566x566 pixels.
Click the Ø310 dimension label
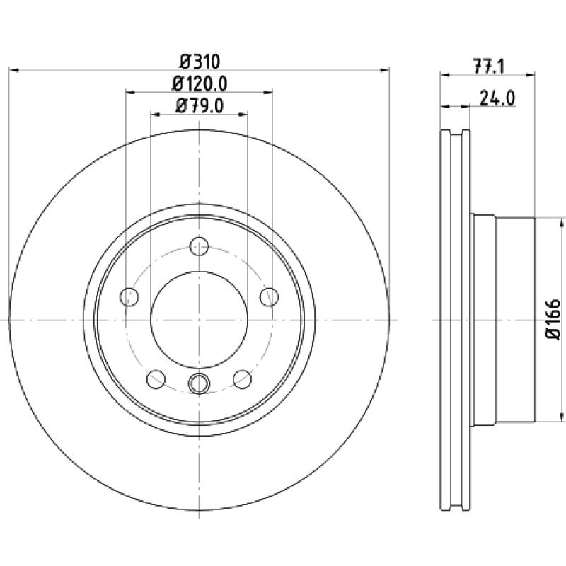pyautogui.click(x=200, y=62)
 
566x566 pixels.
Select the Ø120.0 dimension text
pyautogui.click(x=200, y=84)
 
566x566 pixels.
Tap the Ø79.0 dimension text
pyautogui.click(x=200, y=105)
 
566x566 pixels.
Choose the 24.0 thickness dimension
pyautogui.click(x=497, y=98)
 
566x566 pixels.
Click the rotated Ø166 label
pyautogui.click(x=553, y=319)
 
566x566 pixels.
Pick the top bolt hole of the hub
pyautogui.click(x=200, y=246)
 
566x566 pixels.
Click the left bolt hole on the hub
pyautogui.click(x=129, y=296)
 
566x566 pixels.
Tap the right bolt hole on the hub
pyautogui.click(x=270, y=296)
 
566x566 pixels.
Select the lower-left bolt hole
pyautogui.click(x=156, y=379)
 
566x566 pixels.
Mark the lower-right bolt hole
pyautogui.click(x=242, y=379)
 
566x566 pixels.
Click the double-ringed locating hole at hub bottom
pyautogui.click(x=199, y=383)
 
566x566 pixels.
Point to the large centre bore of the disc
pyautogui.click(x=199, y=320)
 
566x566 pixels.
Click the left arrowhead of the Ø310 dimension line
pyautogui.click(x=13, y=70)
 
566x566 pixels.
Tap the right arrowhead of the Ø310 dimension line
pyautogui.click(x=385, y=70)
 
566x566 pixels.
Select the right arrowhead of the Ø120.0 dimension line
pyautogui.click(x=268, y=93)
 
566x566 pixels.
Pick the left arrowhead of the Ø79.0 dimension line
pyautogui.click(x=155, y=115)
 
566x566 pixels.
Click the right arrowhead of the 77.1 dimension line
pyautogui.click(x=530, y=75)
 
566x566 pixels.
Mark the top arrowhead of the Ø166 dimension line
pyautogui.click(x=561, y=222)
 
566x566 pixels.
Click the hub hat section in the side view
pyautogui.click(x=503, y=320)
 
